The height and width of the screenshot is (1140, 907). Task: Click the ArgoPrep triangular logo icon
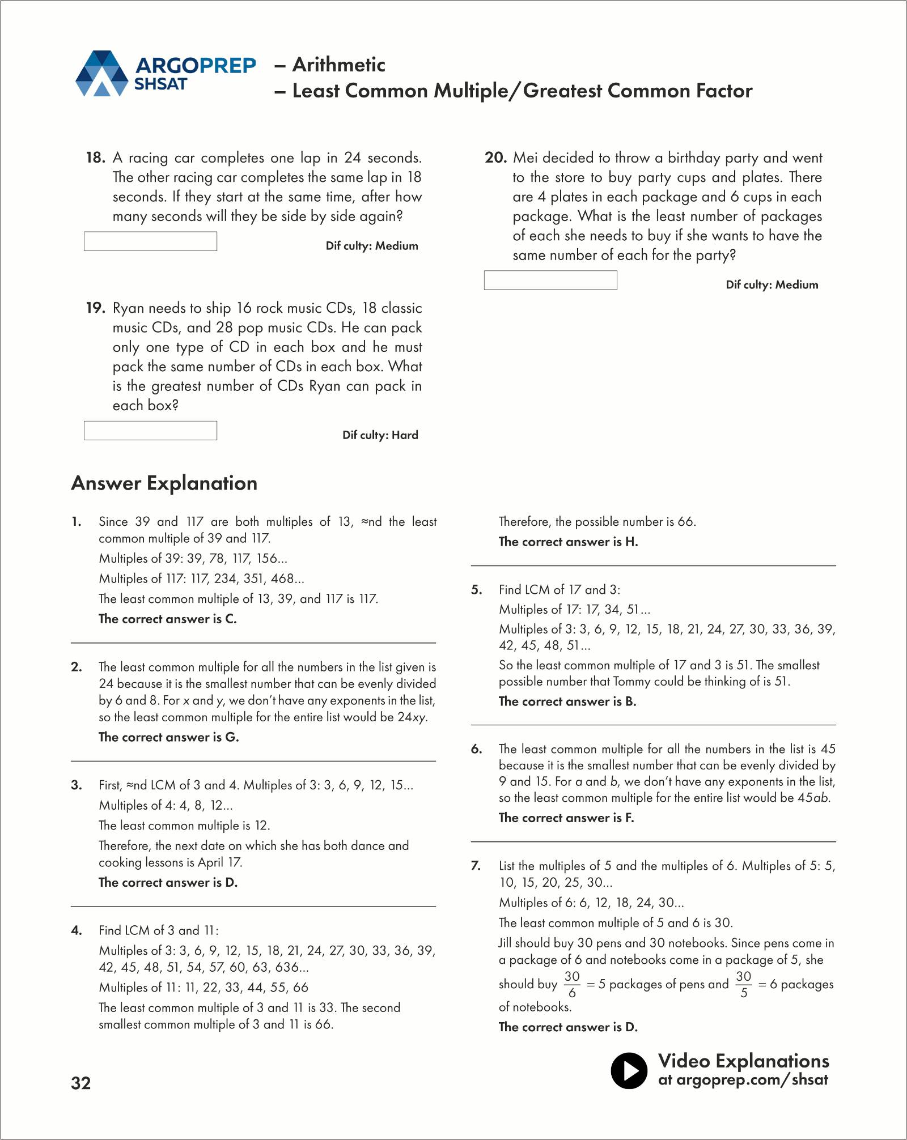(102, 74)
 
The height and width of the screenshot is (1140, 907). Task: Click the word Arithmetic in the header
(338, 65)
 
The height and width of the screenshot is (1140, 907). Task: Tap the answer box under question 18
(150, 241)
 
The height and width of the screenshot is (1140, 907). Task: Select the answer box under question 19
(150, 431)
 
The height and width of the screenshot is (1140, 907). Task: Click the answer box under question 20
(550, 280)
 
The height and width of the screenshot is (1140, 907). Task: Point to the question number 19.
(95, 308)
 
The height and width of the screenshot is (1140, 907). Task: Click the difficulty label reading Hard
(405, 435)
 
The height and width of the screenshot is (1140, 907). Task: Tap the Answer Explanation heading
(164, 483)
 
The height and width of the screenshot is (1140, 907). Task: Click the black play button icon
(629, 1071)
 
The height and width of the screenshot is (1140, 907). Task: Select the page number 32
(81, 1083)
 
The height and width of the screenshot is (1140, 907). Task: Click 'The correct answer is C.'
(168, 619)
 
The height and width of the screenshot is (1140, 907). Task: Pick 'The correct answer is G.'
(169, 737)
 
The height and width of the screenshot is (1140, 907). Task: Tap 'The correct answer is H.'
(568, 542)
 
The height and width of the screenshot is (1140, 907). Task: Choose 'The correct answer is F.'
(566, 818)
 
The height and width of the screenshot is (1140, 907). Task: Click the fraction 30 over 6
(572, 985)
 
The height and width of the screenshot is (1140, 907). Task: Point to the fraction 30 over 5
(743, 985)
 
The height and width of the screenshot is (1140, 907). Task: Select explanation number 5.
(477, 590)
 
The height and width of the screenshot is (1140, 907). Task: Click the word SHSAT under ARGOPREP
(160, 84)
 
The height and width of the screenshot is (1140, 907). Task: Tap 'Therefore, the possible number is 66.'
(597, 522)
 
